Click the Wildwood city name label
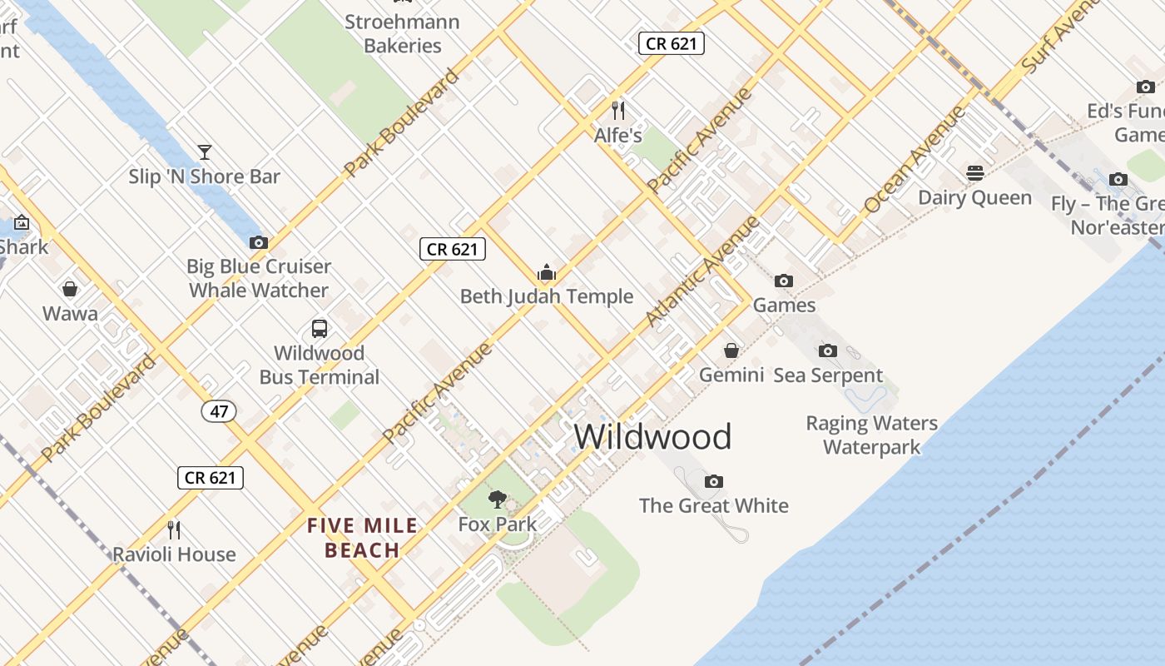tap(652, 437)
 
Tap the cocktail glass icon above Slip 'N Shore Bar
tap(205, 152)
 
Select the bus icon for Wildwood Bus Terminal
tap(320, 328)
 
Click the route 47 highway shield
tap(219, 411)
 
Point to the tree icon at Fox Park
tap(498, 499)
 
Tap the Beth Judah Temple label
tap(547, 296)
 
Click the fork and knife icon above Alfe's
tap(618, 110)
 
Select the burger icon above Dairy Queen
tap(975, 173)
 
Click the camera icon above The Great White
tap(713, 481)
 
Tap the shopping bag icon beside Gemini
tap(731, 350)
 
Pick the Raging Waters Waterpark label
tap(871, 435)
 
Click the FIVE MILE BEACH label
tap(363, 538)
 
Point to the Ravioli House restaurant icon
tap(174, 529)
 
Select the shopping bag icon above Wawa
tap(70, 289)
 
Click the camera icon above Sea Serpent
tap(827, 350)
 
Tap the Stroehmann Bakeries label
tap(403, 33)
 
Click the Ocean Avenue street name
tap(914, 159)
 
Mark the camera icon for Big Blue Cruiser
tap(259, 242)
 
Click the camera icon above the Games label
tap(784, 281)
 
